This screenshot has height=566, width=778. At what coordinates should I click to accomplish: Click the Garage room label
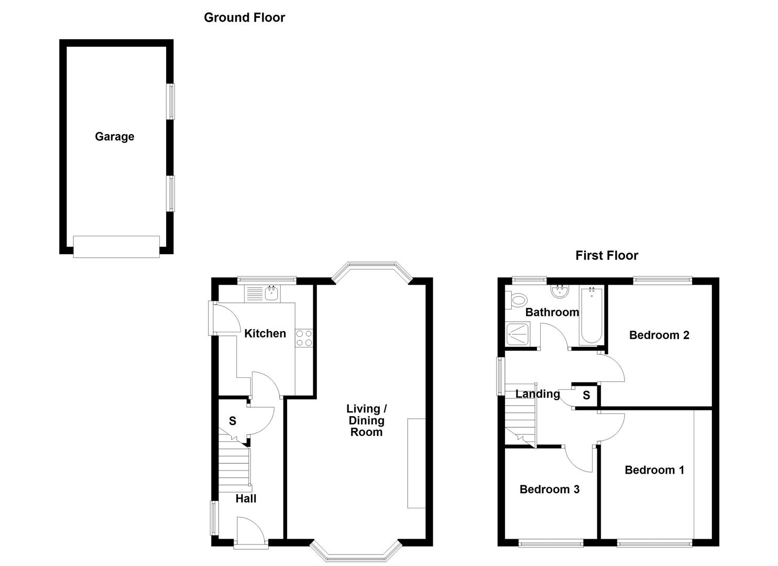(x=114, y=137)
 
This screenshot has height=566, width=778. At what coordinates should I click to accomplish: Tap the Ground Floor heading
(x=244, y=17)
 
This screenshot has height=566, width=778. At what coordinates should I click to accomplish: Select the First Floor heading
(x=607, y=255)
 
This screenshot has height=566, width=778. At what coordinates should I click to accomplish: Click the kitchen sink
(x=272, y=293)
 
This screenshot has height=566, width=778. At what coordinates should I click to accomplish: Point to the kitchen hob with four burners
(x=304, y=338)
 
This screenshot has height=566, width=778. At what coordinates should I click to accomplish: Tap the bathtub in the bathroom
(x=591, y=315)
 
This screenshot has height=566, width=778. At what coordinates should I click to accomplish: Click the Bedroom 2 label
(x=659, y=335)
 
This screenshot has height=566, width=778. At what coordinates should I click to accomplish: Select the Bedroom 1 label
(x=654, y=470)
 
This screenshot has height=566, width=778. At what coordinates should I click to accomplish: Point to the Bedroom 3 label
(x=549, y=489)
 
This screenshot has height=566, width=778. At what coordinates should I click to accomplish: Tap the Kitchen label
(x=265, y=333)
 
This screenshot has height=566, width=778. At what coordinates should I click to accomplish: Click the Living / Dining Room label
(x=366, y=420)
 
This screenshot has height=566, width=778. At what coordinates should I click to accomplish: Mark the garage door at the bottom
(x=116, y=247)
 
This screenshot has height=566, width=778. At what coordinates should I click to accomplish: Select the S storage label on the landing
(x=586, y=395)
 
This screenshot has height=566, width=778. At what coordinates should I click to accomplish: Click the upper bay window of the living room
(x=372, y=268)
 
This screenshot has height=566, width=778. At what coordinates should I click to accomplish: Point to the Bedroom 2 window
(x=662, y=280)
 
